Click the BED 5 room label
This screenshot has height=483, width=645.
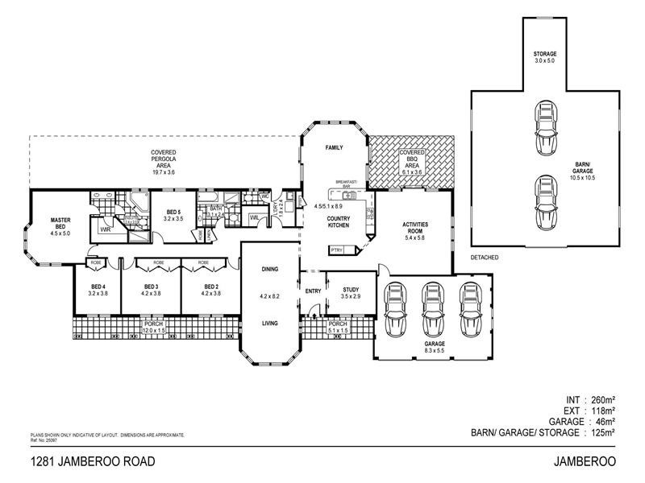coord(173,214)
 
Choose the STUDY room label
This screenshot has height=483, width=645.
coord(350,290)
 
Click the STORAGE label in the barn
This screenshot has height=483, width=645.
coord(545,54)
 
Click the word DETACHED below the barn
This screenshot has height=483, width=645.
coord(484,258)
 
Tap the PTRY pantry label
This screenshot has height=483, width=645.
coord(337,251)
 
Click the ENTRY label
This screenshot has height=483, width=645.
coord(312,291)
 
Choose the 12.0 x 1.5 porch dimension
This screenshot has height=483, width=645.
coord(153,330)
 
